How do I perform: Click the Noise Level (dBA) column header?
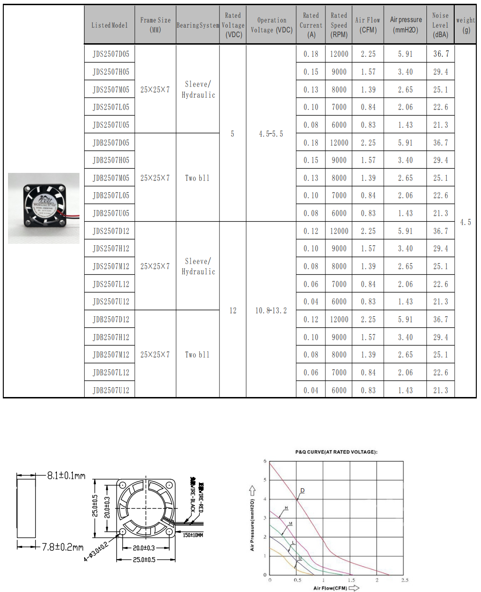tap(441, 25)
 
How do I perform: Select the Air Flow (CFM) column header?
tap(368, 25)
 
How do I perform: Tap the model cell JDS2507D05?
tap(111, 54)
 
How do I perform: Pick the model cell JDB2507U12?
tap(111, 390)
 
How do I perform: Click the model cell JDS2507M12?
tap(111, 266)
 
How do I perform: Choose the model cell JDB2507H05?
tap(111, 160)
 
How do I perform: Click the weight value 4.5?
tap(465, 222)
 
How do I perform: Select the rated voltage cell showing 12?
tap(233, 311)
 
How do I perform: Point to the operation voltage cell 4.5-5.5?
tap(271, 134)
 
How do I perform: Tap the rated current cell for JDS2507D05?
tap(311, 54)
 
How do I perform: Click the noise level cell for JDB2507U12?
tap(441, 390)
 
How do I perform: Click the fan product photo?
tap(44, 208)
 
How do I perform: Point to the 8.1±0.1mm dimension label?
tap(66, 475)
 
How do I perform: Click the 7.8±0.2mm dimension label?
tap(63, 547)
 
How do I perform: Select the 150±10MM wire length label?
tap(193, 535)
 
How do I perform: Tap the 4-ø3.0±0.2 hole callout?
tap(96, 550)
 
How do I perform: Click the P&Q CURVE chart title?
tap(336, 452)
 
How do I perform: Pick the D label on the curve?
tap(302, 491)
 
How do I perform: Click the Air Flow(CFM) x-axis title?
tap(330, 588)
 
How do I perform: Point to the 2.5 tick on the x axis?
tap(404, 580)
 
